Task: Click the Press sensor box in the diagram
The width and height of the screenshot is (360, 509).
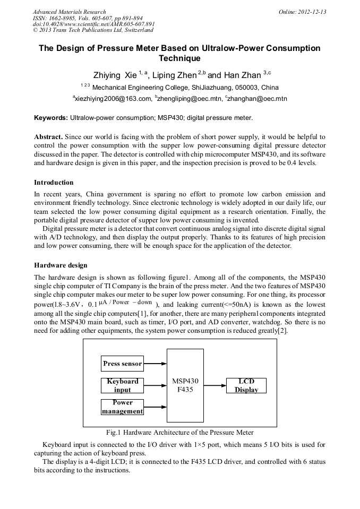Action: [122, 364]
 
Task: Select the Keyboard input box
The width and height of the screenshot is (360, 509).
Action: [122, 385]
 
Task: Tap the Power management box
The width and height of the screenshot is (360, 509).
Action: [122, 407]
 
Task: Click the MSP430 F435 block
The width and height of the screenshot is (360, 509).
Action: [185, 385]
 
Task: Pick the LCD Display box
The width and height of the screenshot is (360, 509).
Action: [246, 386]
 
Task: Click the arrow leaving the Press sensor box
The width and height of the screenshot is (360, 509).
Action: [155, 364]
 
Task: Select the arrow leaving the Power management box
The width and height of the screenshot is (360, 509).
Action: [155, 407]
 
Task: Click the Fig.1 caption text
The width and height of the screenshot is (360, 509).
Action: [180, 433]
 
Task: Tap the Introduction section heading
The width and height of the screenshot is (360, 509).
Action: [54, 183]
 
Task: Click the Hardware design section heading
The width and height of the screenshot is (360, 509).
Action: [61, 265]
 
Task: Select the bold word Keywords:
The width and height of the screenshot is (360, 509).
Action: [51, 117]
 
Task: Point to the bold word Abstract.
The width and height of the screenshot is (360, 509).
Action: [48, 137]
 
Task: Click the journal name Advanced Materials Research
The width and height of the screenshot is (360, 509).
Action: [70, 12]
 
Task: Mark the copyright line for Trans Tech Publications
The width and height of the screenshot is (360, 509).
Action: [93, 30]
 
